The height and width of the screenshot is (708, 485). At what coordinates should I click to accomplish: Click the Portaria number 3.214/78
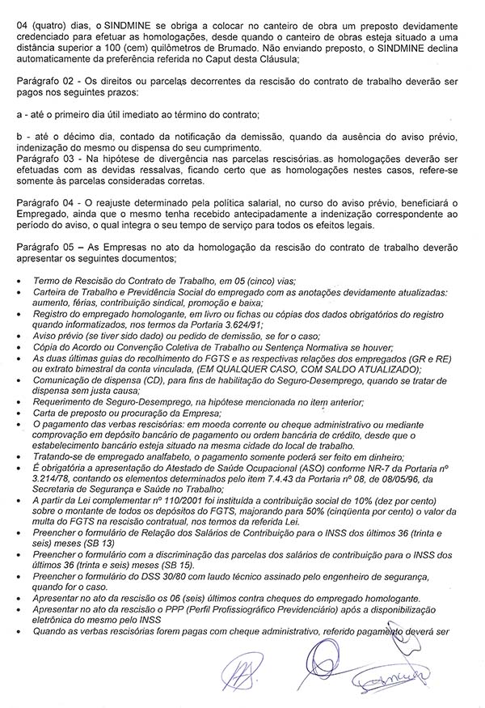click(54, 480)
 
